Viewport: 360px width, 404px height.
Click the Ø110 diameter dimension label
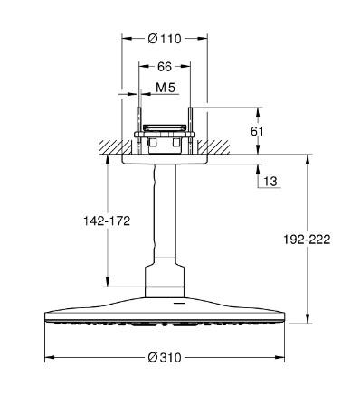(x=165, y=40)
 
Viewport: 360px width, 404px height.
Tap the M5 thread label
(x=165, y=87)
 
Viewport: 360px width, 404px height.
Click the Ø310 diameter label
(x=165, y=357)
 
